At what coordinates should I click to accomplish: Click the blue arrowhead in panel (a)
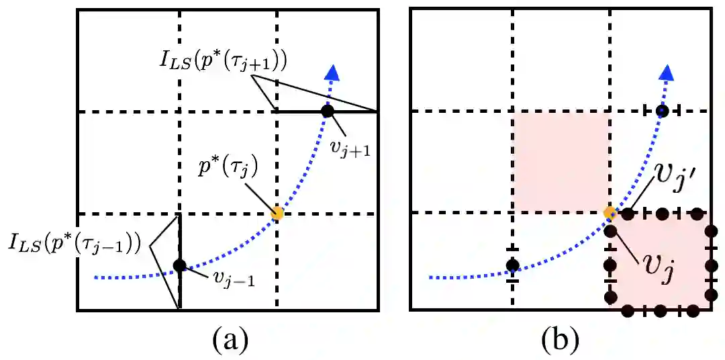330,73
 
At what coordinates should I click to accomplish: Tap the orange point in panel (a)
277,214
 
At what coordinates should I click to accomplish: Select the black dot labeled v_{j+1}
327,111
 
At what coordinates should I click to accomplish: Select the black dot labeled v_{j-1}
179,265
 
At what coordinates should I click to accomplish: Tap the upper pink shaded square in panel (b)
561,162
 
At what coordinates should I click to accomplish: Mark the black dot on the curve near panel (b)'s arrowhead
662,111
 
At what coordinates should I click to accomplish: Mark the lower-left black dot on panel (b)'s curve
512,265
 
